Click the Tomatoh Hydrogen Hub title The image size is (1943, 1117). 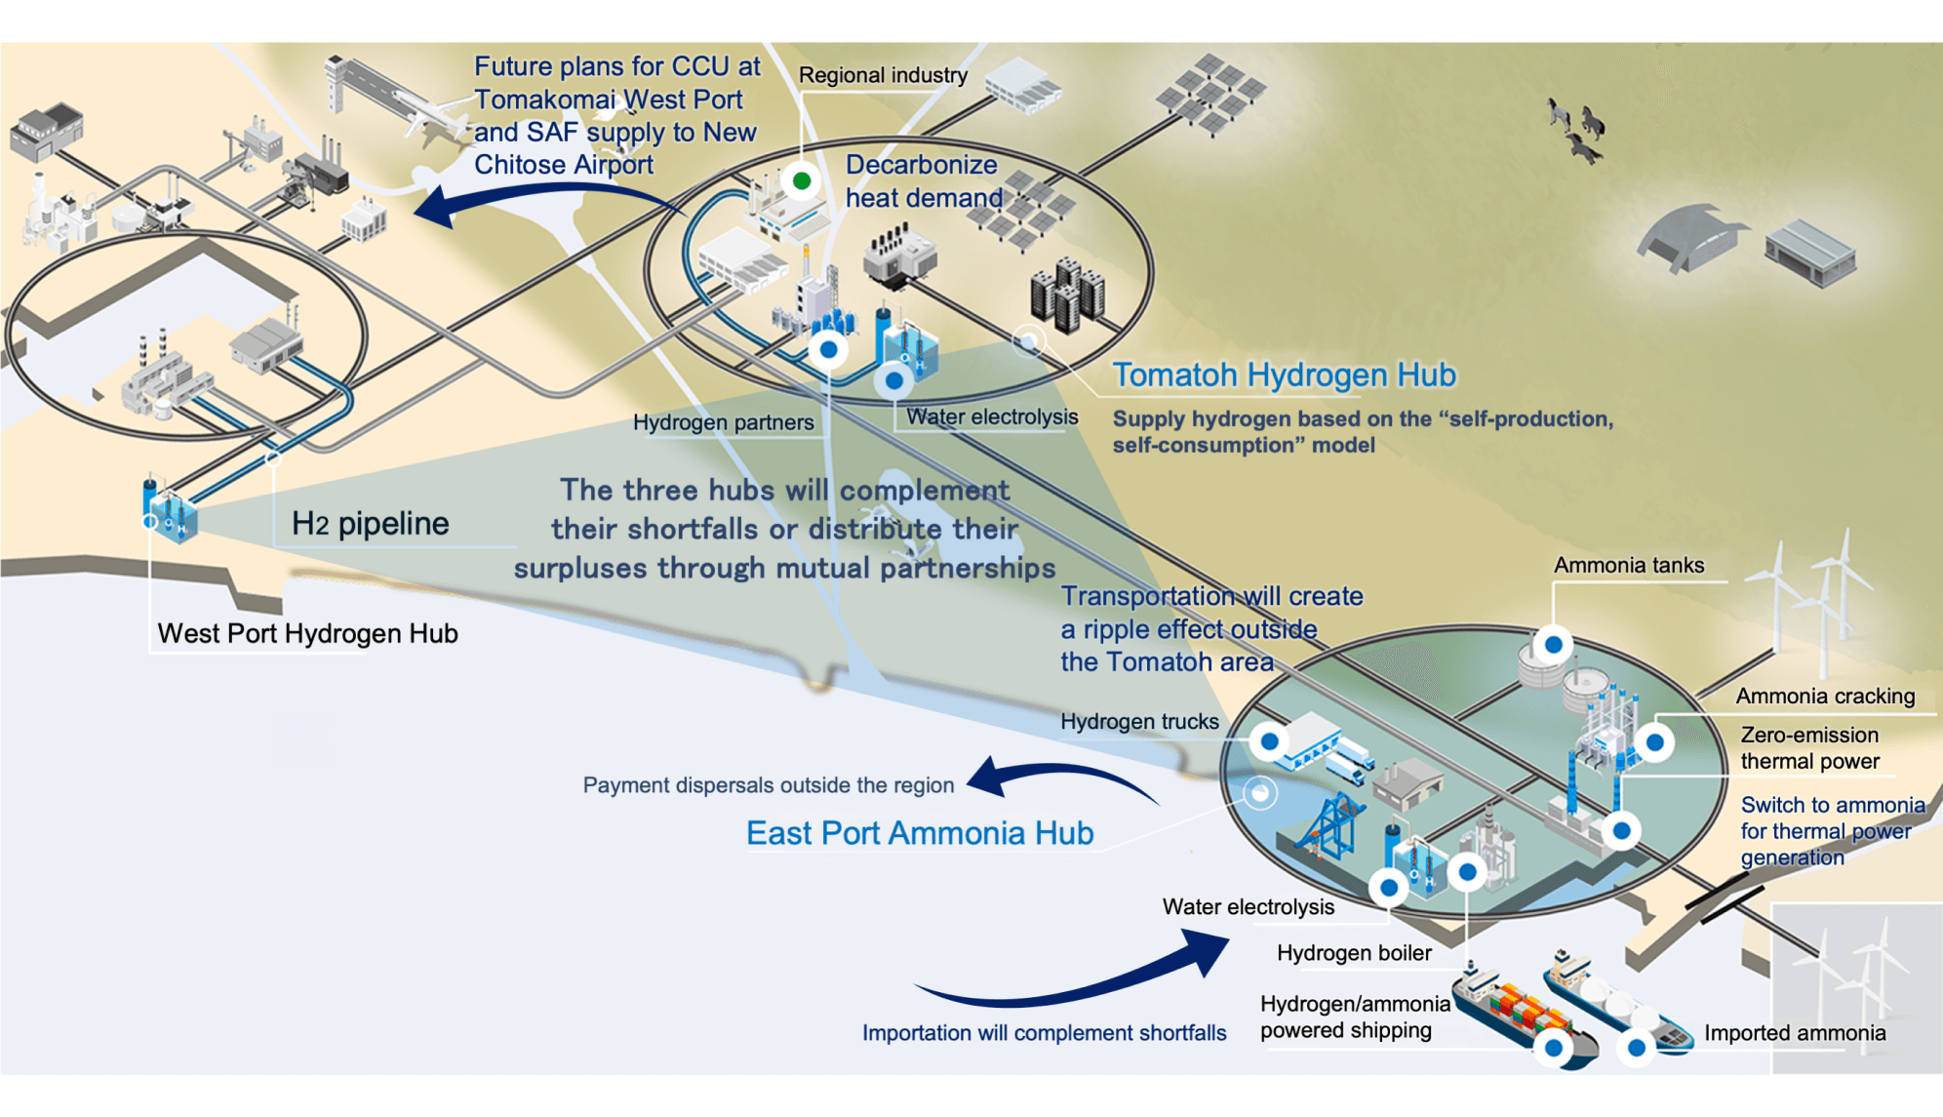(1284, 375)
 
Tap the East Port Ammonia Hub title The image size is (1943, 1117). (920, 833)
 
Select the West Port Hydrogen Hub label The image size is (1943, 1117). (307, 634)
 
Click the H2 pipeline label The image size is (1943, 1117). (371, 524)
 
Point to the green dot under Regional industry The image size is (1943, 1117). (802, 180)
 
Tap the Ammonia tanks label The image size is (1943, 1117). (1629, 565)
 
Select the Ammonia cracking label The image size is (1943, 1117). (1825, 697)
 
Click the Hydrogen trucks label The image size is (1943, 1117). (1139, 722)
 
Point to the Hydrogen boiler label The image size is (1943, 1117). (1354, 953)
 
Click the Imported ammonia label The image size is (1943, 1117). (1795, 1033)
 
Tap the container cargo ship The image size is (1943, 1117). (1522, 1015)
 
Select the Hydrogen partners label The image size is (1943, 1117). (723, 422)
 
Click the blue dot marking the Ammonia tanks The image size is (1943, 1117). (1554, 645)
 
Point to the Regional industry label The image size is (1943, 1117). (883, 75)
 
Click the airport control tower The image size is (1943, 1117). (337, 84)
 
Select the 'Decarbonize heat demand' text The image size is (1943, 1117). (923, 181)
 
